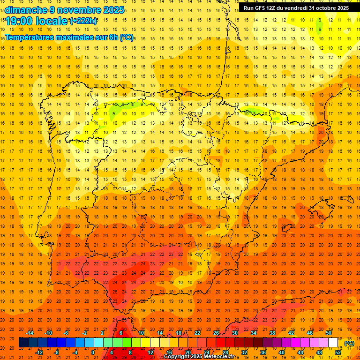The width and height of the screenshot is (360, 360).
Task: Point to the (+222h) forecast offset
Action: pyautogui.click(x=83, y=21)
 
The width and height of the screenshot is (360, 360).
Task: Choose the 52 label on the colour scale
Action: pyautogui.click(x=338, y=352)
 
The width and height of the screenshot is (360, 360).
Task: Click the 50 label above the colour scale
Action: pyautogui.click(x=329, y=333)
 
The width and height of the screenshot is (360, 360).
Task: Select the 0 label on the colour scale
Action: pyautogui.click(x=93, y=352)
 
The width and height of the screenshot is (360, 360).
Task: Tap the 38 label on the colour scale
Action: pyautogui.click(x=272, y=333)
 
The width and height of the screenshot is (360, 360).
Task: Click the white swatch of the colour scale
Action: pyautogui.click(x=333, y=343)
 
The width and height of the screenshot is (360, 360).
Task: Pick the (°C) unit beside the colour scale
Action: pyautogui.click(x=349, y=343)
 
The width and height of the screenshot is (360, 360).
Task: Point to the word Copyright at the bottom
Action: pyautogui.click(x=176, y=357)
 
